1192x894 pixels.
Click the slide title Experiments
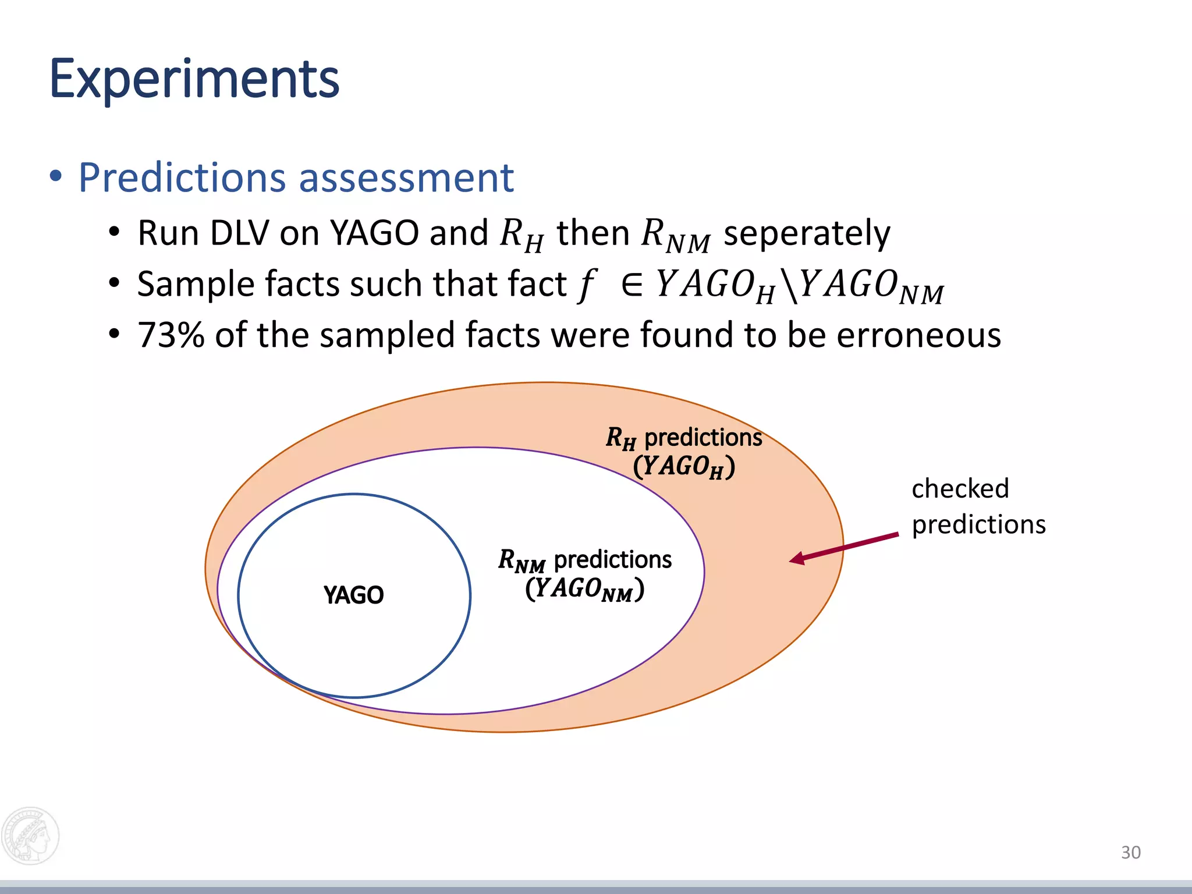tap(194, 79)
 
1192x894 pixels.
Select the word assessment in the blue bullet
tap(406, 178)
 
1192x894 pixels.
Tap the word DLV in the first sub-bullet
tap(239, 233)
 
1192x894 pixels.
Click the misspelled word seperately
tap(806, 234)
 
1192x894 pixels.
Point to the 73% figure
tap(171, 335)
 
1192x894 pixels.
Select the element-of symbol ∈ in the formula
tap(632, 285)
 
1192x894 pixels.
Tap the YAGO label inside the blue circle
tap(353, 595)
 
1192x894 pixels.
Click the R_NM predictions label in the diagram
tap(584, 560)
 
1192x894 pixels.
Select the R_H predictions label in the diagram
tap(683, 438)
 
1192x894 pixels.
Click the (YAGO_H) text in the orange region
tap(684, 467)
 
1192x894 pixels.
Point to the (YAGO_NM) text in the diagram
tap(584, 589)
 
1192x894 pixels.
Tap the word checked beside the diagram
tap(960, 488)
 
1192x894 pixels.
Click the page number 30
tap(1130, 852)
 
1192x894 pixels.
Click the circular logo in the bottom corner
tap(30, 836)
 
